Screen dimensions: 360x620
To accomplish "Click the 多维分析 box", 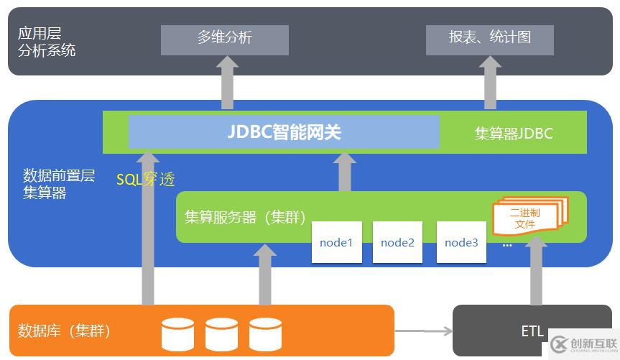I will point(224,40).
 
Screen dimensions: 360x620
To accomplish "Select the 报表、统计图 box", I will point(490,40).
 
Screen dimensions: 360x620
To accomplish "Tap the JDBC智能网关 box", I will point(284,132).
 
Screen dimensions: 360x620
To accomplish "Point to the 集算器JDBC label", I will point(514,134).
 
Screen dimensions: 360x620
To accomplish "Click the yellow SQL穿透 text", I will point(146,180).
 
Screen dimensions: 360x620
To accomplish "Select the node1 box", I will point(336,242).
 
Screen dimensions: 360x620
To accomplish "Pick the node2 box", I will point(397,242).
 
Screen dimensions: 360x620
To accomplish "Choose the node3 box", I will point(461,242).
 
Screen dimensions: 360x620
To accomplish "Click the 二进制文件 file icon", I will point(528,218).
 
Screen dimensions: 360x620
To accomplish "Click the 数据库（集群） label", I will point(65,331).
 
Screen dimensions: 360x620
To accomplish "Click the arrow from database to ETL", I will point(424,331).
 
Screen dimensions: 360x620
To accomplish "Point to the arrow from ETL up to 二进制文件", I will point(536,273).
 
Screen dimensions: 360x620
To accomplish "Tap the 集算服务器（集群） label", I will point(244,217).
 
